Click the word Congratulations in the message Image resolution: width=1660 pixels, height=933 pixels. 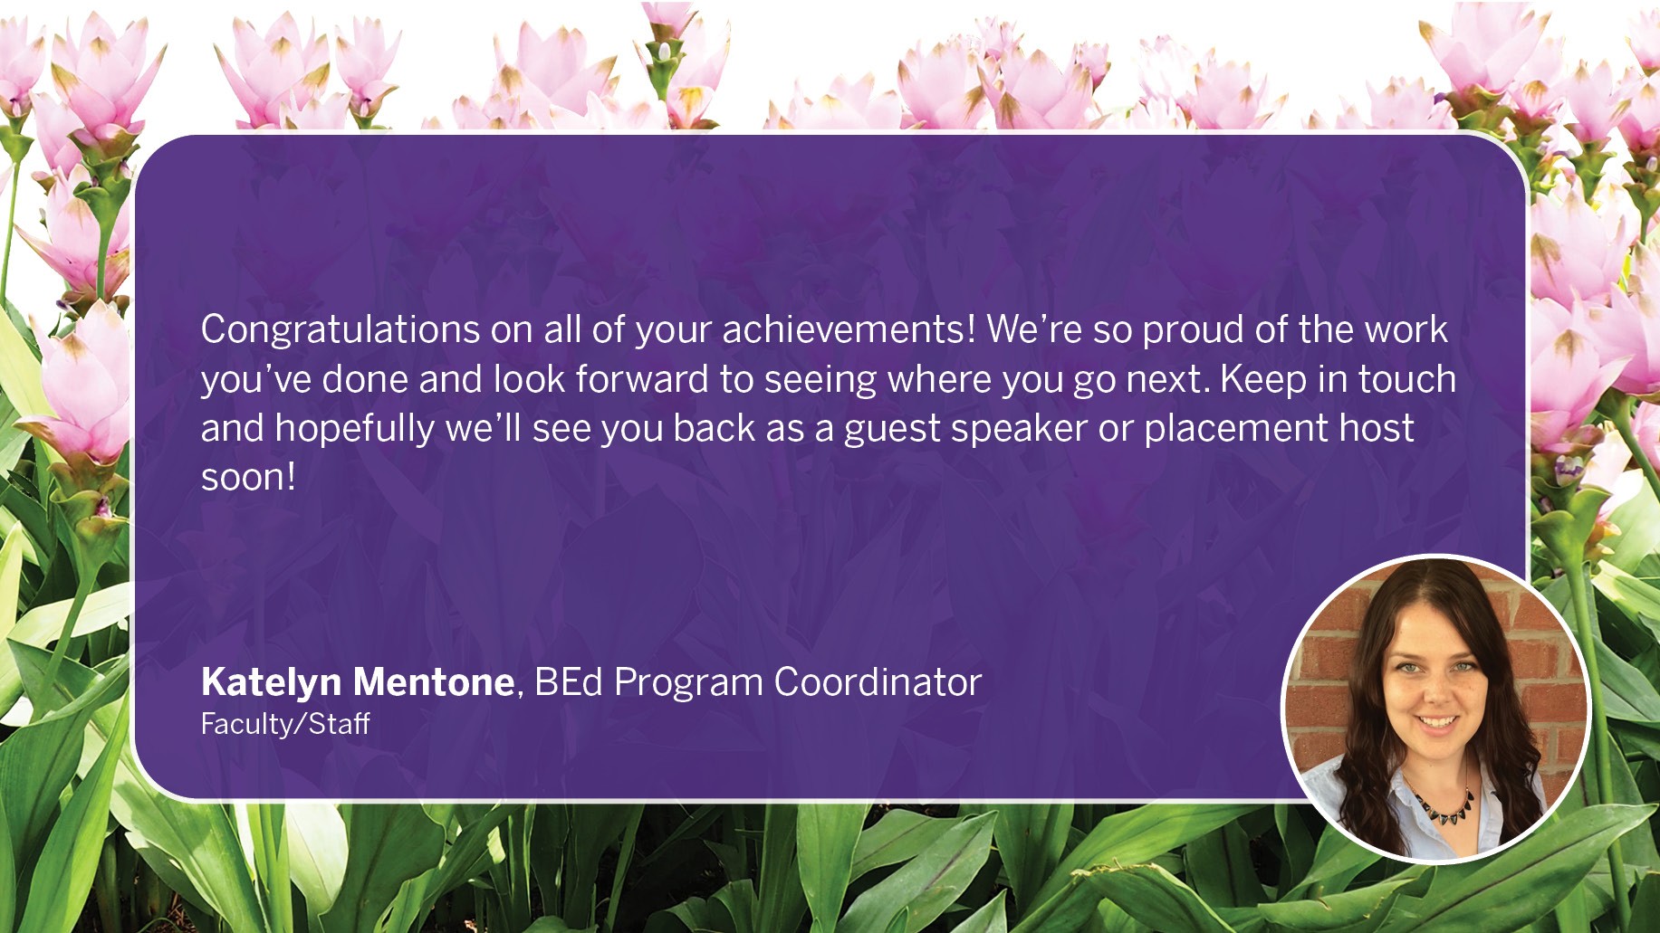[341, 330]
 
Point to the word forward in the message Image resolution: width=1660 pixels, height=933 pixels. [641, 378]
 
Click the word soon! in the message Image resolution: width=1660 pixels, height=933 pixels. [248, 478]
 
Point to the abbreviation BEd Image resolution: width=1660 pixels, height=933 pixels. [569, 682]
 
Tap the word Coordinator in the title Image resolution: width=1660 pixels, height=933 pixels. [878, 682]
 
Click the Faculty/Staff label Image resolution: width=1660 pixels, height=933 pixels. [285, 724]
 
